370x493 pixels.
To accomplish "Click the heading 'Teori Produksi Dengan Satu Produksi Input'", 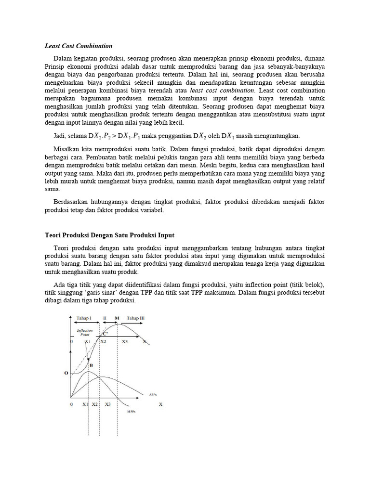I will point(109,235).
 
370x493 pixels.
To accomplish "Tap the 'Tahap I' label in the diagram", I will point(84,318).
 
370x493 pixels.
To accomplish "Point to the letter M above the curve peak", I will point(117,318).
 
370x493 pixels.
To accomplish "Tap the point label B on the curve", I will point(91,365).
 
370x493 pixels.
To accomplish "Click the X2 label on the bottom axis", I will point(95,405).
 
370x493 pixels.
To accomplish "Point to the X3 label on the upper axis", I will point(124,341).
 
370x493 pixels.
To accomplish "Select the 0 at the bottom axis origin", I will point(71,405).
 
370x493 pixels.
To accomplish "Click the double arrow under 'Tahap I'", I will point(85,324).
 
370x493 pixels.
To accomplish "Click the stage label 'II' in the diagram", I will point(105,318).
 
